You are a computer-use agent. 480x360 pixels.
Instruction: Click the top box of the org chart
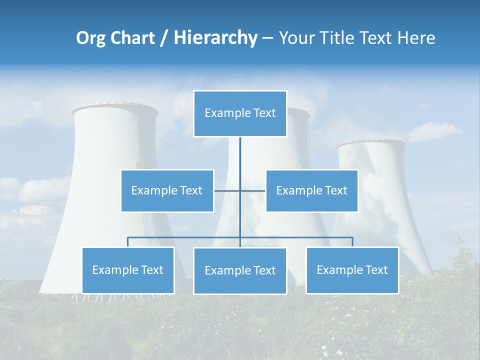point(240,113)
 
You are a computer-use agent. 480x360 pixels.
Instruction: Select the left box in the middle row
point(167,190)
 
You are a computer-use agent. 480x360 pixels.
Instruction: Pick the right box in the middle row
point(311,190)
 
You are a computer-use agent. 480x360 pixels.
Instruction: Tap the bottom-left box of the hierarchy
point(128,270)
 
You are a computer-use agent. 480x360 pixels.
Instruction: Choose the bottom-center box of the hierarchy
point(240,270)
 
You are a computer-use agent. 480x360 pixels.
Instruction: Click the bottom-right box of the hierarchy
point(352,270)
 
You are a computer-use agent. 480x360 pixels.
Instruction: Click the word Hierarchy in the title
point(215,37)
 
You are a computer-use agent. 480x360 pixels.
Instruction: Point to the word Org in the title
point(90,38)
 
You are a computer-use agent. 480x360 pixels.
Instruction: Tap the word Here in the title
point(416,38)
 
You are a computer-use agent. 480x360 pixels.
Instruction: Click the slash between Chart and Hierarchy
point(164,38)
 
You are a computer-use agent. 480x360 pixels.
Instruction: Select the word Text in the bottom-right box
point(376,270)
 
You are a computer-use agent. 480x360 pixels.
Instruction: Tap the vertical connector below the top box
point(240,155)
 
